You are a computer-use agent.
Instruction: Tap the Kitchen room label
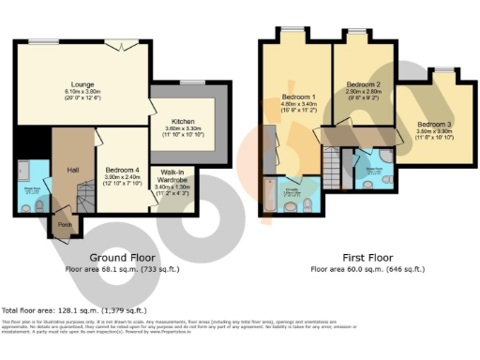[182, 122]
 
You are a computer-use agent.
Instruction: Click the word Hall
[72, 170]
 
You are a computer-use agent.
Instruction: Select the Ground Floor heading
[122, 257]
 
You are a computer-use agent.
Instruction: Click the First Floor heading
[366, 257]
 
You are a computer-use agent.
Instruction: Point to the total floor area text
[75, 309]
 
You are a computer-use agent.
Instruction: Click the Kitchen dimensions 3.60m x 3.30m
[182, 129]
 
